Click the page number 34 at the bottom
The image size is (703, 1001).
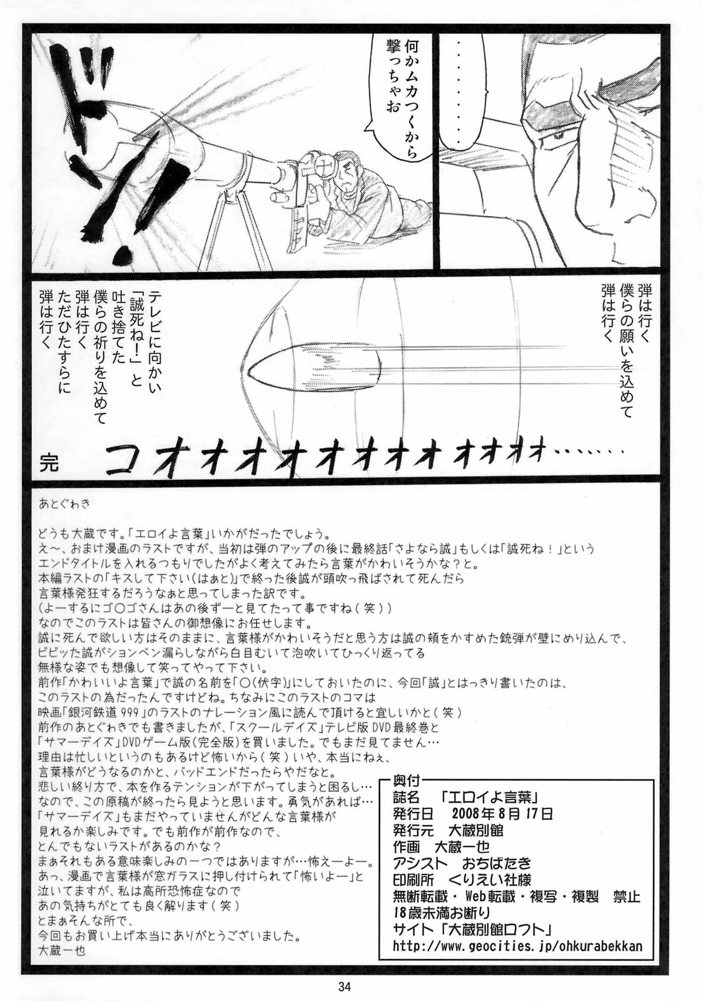click(x=345, y=985)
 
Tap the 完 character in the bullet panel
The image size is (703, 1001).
click(x=49, y=463)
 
